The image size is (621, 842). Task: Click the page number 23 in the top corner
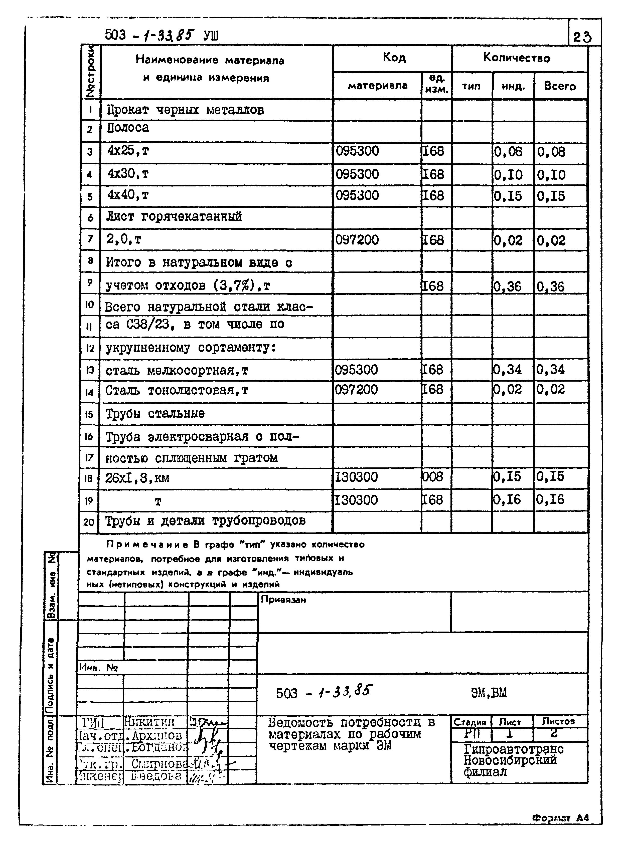pyautogui.click(x=582, y=37)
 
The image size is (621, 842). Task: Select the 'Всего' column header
pyautogui.click(x=560, y=86)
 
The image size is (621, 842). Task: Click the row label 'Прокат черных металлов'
pyautogui.click(x=185, y=110)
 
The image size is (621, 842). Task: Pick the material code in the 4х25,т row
pyautogui.click(x=358, y=151)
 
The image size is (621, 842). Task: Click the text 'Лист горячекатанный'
pyautogui.click(x=174, y=217)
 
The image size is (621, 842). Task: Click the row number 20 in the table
pyautogui.click(x=89, y=522)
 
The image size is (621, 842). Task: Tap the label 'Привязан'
pyautogui.click(x=283, y=600)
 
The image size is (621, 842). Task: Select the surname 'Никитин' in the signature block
pyautogui.click(x=149, y=722)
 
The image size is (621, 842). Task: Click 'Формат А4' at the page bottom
pyautogui.click(x=560, y=817)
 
